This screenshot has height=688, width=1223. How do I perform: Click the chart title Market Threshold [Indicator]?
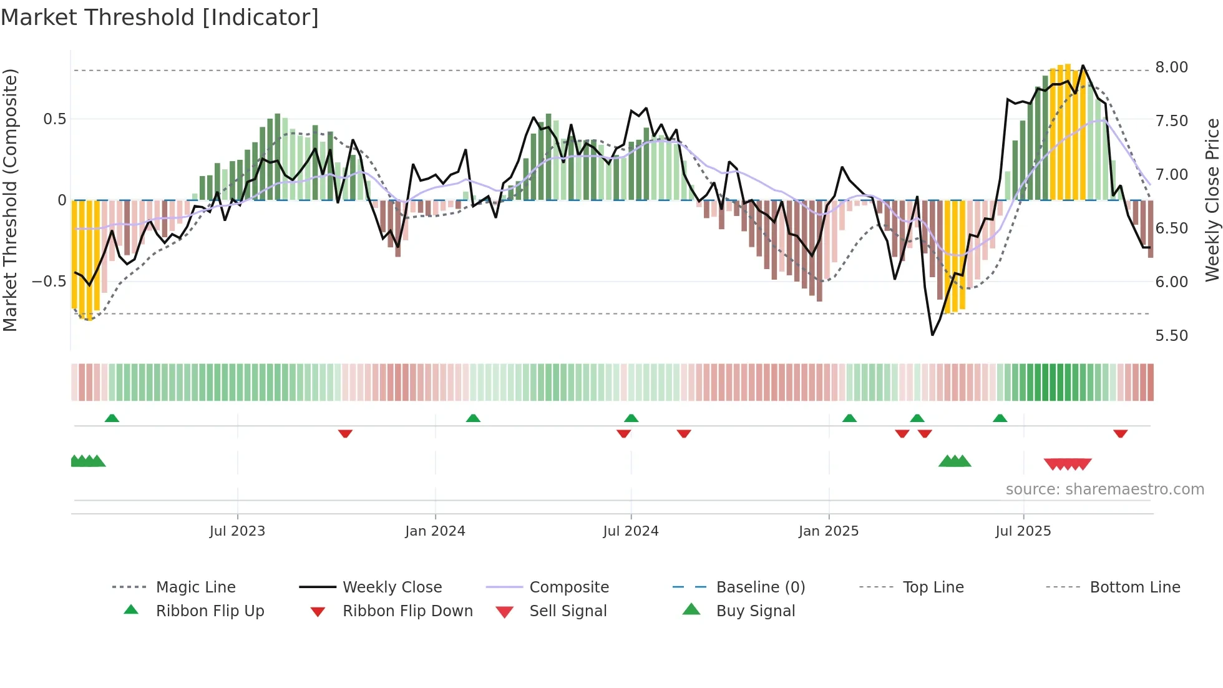click(x=160, y=17)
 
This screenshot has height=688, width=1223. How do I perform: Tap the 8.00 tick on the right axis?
click(x=1171, y=67)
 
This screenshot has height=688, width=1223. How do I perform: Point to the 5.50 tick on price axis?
click(x=1171, y=336)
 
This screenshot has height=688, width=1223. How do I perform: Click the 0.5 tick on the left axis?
click(x=54, y=119)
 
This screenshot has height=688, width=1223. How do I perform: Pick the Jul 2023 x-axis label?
click(x=237, y=531)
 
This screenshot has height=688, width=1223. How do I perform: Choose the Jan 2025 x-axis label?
click(x=828, y=531)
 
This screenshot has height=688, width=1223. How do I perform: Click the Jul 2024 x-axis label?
click(x=630, y=531)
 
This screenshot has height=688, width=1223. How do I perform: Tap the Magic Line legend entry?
click(x=195, y=587)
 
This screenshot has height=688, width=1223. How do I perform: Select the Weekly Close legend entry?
click(x=392, y=587)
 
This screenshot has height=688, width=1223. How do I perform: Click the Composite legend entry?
click(x=568, y=587)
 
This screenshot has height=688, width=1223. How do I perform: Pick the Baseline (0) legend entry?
click(x=760, y=587)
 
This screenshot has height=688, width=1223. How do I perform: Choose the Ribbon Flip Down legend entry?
click(x=407, y=611)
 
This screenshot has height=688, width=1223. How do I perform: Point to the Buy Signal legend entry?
click(x=755, y=611)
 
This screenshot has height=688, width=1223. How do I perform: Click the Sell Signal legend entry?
click(x=568, y=611)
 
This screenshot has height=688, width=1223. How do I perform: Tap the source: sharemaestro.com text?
click(x=1104, y=489)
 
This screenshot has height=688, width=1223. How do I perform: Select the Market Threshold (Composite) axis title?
click(x=10, y=200)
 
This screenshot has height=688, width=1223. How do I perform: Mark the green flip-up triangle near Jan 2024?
click(x=473, y=418)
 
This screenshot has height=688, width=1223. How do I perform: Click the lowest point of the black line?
click(x=932, y=335)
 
